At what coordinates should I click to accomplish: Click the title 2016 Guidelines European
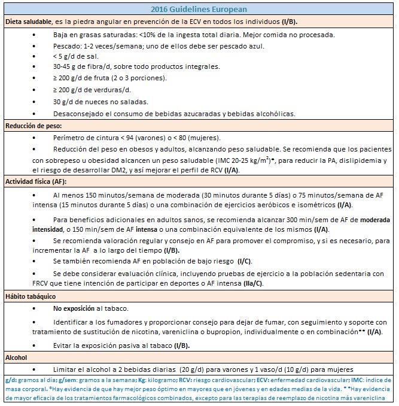[x=199, y=9]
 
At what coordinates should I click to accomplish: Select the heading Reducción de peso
[x=33, y=126]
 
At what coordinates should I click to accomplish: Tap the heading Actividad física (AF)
[x=35, y=181]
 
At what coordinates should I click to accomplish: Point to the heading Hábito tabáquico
[x=31, y=296]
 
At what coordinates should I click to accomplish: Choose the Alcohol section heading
[x=17, y=357]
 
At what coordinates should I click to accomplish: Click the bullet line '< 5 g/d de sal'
[x=74, y=56]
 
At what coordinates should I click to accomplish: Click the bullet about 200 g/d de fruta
[x=109, y=78]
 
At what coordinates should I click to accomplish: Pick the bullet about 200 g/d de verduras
[x=96, y=90]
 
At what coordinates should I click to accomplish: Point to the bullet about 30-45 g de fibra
[x=136, y=66]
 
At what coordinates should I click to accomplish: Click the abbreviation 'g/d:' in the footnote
[x=11, y=380]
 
